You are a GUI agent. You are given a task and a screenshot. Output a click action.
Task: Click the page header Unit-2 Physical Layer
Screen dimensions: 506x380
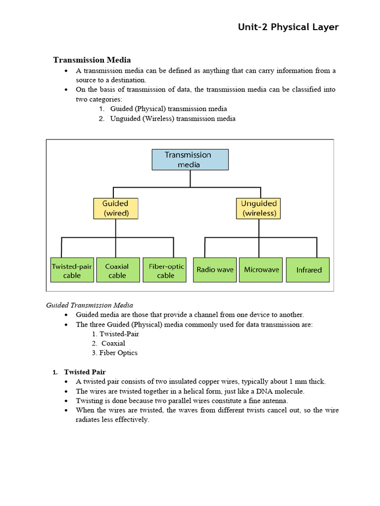(288, 27)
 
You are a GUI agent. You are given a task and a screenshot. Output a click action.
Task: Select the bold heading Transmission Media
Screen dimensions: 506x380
(92, 60)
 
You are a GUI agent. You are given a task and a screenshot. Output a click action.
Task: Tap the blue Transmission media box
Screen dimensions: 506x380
(190, 160)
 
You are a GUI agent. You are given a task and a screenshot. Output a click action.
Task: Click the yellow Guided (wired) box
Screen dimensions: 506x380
(115, 209)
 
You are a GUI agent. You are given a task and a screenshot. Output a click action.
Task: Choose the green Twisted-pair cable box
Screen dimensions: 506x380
(72, 270)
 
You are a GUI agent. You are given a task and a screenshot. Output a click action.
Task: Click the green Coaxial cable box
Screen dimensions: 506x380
(117, 270)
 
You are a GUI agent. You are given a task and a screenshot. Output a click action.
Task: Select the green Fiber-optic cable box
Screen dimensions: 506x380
(165, 270)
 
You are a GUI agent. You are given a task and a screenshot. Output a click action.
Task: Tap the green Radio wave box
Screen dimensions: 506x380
(215, 270)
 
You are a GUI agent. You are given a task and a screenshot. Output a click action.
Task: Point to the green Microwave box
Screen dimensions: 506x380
(261, 270)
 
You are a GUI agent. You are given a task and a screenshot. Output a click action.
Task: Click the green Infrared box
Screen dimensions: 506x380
(308, 270)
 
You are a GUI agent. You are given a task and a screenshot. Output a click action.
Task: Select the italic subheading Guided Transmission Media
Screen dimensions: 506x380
(90, 305)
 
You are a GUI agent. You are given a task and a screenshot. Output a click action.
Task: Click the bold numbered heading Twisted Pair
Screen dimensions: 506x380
(85, 372)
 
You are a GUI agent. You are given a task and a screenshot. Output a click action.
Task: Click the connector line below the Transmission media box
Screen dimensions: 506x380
(190, 179)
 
